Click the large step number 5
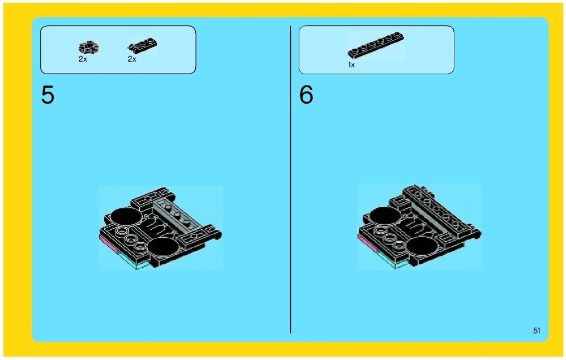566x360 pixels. point(48,96)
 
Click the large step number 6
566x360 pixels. point(306,96)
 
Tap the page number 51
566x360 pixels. point(537,331)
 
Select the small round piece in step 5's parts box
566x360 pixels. point(88,47)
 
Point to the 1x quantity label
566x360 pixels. point(351,65)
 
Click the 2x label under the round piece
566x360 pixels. point(83,59)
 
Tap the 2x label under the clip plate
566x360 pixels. point(132,59)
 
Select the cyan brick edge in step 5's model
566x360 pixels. point(134,262)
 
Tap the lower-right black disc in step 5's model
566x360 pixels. point(162,247)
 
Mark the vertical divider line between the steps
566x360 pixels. point(290,181)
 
